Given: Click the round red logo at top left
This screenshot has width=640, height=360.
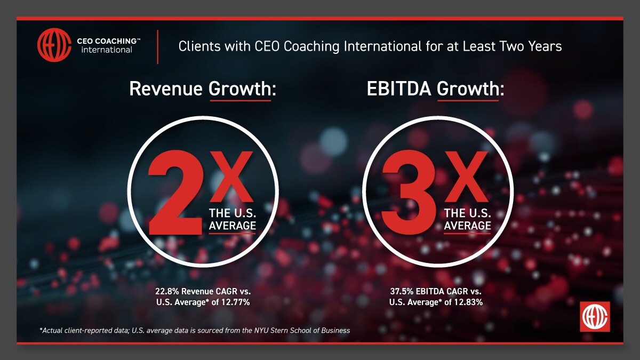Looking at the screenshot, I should click(x=54, y=46).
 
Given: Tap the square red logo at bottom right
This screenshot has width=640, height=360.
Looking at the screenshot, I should click(x=595, y=317).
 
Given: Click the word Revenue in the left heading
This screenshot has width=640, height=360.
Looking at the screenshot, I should click(x=166, y=89).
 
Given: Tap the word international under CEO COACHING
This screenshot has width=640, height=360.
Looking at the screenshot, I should click(x=107, y=50).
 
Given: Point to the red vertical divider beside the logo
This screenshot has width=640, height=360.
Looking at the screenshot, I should click(x=157, y=47).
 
